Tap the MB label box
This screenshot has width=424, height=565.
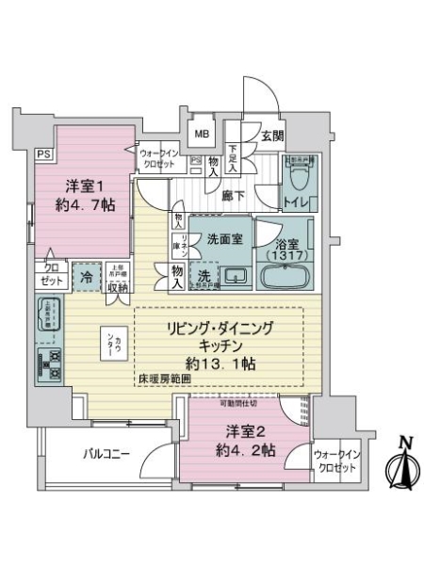202,133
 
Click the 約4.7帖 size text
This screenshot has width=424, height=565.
83,202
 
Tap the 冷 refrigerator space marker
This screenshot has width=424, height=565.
85,277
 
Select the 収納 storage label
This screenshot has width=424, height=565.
116,286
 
